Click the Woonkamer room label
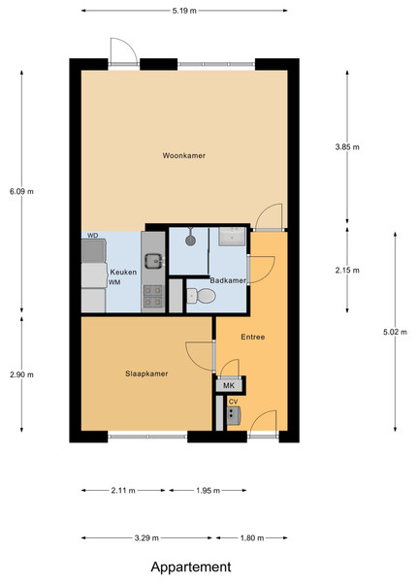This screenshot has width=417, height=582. pos(183,155)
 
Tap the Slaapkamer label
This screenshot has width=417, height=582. pos(146,373)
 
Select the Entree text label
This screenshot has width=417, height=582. pos(253,337)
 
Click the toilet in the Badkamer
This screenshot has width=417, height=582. pos(201,296)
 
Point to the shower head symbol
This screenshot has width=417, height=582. pos(190,240)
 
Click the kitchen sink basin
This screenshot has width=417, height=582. pos(153,261)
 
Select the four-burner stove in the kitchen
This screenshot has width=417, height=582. pos(153,296)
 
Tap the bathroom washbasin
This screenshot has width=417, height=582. pos(232,237)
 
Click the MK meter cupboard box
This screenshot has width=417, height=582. pos(229,385)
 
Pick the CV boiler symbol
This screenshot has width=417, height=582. pos(234,415)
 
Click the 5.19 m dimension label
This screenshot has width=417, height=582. pos(184,11)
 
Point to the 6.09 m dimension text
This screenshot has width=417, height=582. pos(21,191)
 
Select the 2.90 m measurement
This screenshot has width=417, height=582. pos(21,374)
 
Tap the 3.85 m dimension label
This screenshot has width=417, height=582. pos(347,147)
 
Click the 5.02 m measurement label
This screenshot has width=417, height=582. pos(395,332)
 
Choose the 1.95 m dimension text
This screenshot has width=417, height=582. pos(208,491)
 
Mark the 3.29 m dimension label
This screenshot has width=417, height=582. pos(146,537)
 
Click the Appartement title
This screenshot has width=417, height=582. pos(191,566)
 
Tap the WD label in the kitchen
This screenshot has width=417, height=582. pos(93,236)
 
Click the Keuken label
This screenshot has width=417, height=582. pos(123,272)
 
